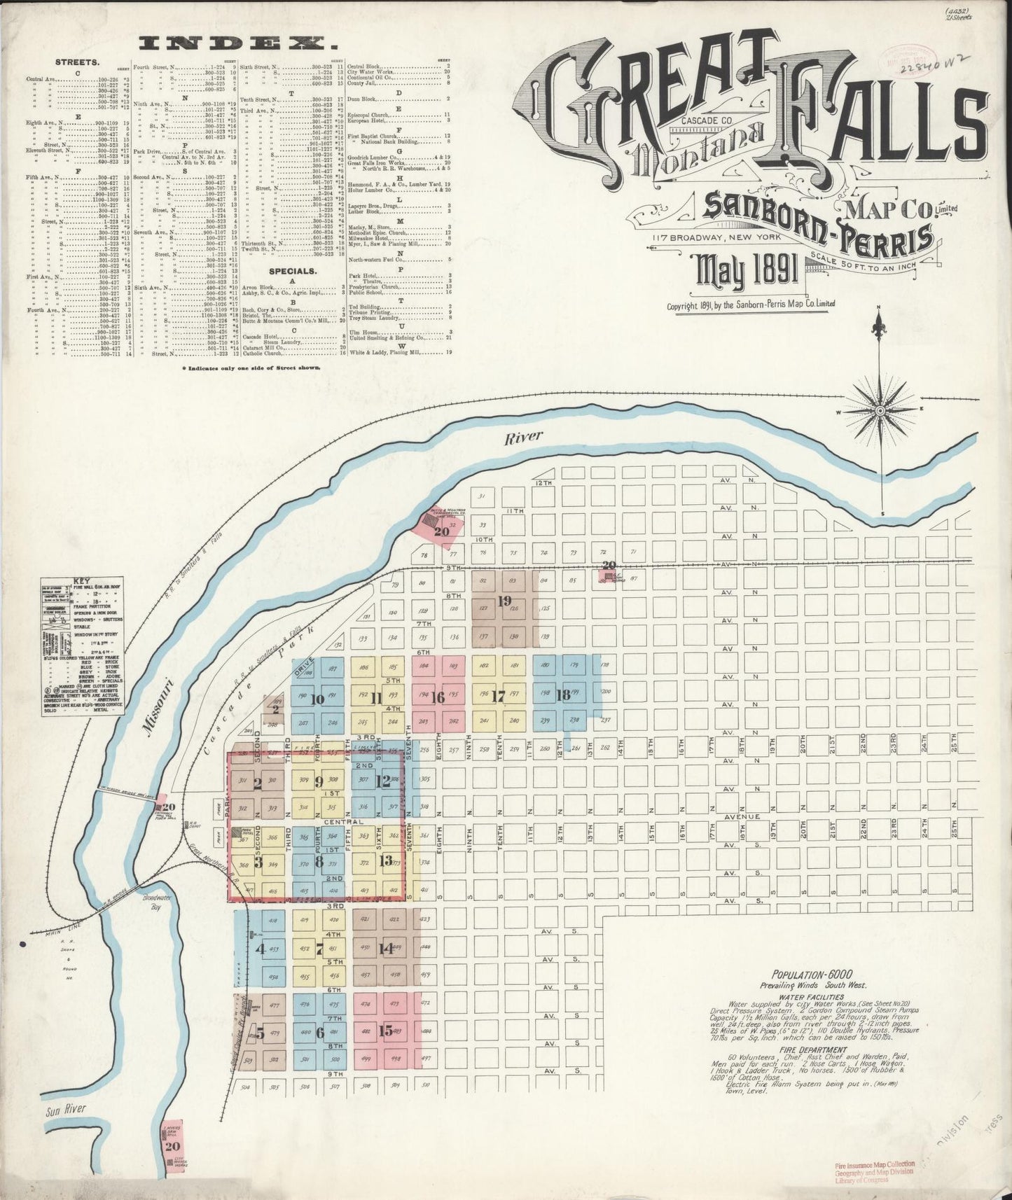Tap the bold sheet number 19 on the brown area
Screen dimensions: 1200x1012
504,600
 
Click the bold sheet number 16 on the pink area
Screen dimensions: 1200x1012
438,697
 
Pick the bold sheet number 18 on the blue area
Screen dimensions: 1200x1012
563,695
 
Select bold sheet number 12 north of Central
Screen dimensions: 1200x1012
383,782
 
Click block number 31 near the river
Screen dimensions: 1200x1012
481,496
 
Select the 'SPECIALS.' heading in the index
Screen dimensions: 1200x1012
293,269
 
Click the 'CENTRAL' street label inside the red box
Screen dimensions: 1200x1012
344,821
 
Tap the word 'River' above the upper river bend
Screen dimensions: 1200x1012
524,436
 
